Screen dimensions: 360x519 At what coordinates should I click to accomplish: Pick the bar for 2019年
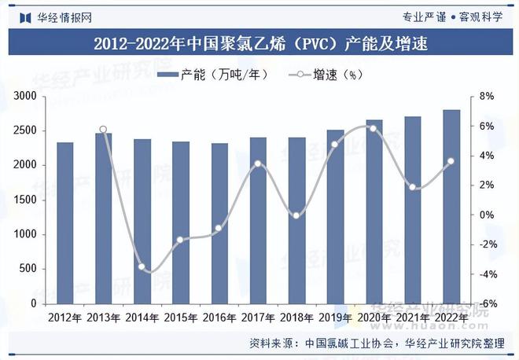coord(335,216)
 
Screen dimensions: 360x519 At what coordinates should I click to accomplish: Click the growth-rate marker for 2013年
coord(104,129)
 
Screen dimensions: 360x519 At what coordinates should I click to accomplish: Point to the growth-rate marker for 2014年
coord(142,267)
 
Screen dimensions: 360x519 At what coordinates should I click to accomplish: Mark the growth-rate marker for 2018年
coord(296,215)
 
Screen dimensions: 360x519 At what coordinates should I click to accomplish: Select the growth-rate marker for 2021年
coord(413,187)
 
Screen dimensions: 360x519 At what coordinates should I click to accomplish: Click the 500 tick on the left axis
coord(29,269)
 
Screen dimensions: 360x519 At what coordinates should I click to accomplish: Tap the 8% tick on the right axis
coord(486,96)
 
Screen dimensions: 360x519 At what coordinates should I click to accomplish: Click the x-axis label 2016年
coord(219,318)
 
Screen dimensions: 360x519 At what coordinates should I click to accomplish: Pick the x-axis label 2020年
coord(374,318)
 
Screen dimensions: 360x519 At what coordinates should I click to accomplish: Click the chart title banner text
coord(259,43)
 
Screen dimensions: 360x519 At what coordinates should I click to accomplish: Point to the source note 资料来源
coord(274,343)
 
